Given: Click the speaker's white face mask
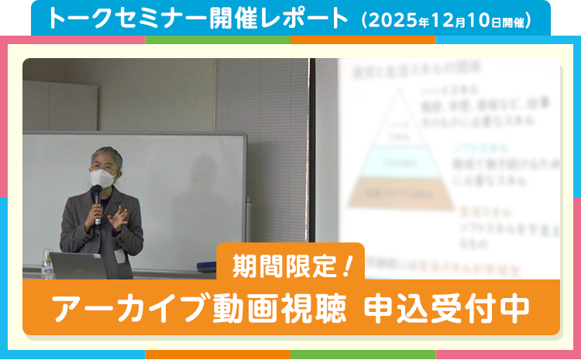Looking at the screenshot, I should (x=102, y=177).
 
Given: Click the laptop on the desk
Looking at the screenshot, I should (x=77, y=265).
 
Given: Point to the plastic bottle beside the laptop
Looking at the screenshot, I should (x=46, y=264).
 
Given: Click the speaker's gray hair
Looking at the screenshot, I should (x=105, y=156).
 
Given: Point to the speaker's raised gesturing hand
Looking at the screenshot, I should (x=119, y=216).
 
